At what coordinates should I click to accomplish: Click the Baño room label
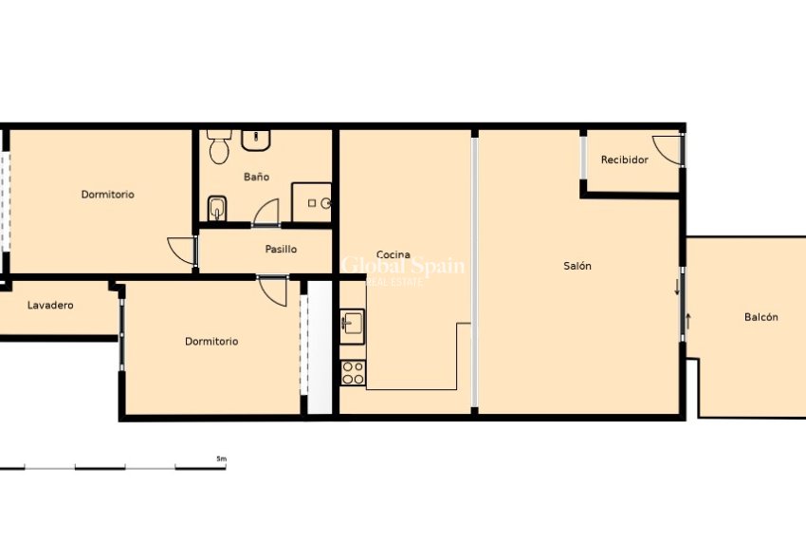pos(256,177)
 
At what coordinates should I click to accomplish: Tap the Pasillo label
pos(281,250)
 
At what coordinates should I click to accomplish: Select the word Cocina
pos(394,254)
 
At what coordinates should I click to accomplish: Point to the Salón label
pos(577,266)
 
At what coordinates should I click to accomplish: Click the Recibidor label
pos(625,160)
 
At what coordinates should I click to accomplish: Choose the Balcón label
pos(760,317)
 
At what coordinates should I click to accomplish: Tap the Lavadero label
pos(50,306)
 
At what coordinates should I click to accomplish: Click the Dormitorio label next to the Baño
pos(107,195)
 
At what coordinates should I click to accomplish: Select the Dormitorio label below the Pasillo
pos(211,342)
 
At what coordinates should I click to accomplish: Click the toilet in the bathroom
pos(220,147)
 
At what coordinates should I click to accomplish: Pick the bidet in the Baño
pos(216,207)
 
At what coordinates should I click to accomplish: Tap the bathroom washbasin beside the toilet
pos(256,140)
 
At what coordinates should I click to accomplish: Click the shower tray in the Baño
pos(312,202)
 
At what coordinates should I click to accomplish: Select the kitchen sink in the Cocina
pos(353,324)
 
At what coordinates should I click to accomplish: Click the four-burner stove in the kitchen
pos(353,373)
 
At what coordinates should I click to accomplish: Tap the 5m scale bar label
pos(221,459)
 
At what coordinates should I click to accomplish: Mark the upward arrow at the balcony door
pos(688,321)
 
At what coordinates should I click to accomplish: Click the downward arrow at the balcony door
pos(677,286)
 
